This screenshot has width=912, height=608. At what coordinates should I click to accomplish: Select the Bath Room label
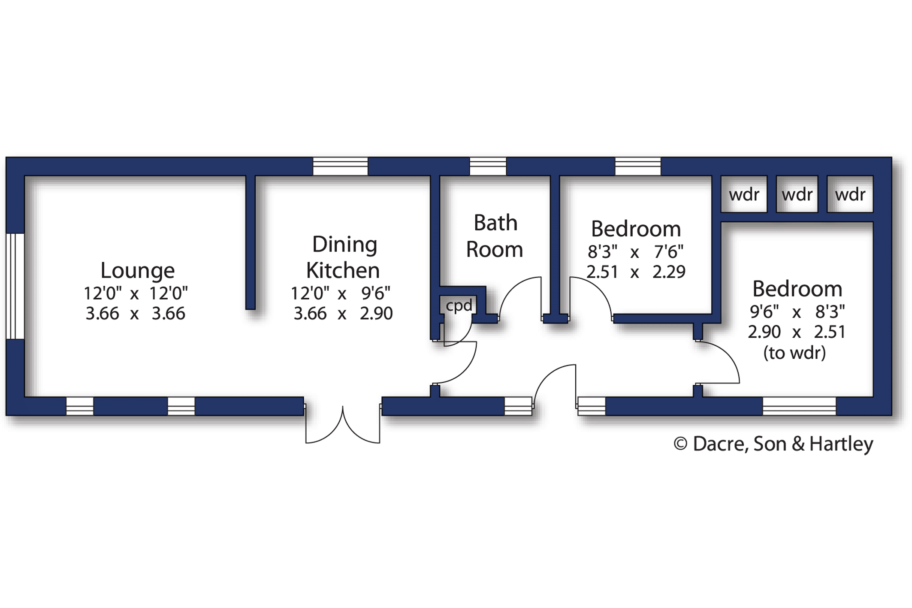click(x=495, y=236)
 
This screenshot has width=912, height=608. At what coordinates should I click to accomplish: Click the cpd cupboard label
click(x=459, y=306)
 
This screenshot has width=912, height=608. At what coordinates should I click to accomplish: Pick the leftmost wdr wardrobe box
click(x=744, y=194)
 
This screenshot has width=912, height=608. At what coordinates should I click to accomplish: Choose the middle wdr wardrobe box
click(x=797, y=194)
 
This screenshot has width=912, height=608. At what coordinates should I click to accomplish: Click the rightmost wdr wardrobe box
click(x=850, y=194)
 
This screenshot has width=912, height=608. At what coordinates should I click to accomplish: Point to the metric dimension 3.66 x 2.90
click(x=343, y=314)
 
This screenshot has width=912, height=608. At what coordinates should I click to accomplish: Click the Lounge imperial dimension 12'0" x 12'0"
click(x=136, y=293)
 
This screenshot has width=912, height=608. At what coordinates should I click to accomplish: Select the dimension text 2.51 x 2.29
click(x=636, y=272)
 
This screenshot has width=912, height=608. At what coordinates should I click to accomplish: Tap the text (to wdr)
click(x=794, y=353)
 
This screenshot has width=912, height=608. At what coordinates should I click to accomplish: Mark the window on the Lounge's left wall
click(x=15, y=286)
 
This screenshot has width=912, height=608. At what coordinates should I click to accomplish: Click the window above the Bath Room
click(x=488, y=166)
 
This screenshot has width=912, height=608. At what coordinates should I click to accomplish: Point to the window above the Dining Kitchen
click(x=340, y=166)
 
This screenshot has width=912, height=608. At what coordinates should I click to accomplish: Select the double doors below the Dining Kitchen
click(x=343, y=425)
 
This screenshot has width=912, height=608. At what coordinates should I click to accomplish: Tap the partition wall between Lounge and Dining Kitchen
click(x=251, y=242)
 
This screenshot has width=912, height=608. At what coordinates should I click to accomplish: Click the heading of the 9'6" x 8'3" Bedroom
click(x=797, y=289)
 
